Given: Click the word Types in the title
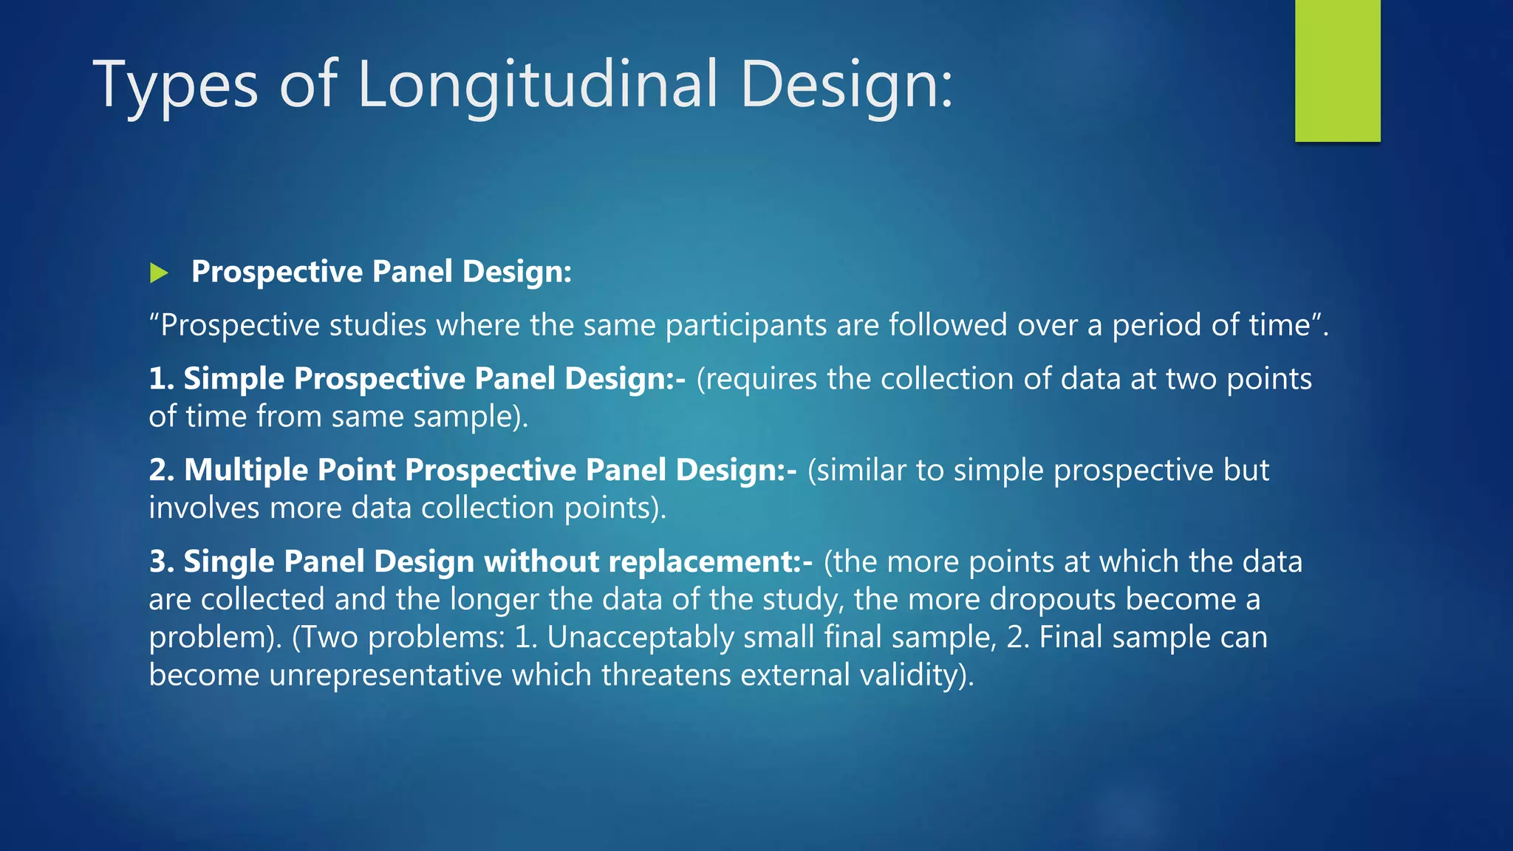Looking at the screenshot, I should pos(175,85).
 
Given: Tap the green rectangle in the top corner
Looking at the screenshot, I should pos(1337,70).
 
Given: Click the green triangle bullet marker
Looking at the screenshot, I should pos(159,273).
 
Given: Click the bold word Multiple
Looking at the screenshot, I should pos(245,470).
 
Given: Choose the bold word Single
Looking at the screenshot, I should pos(229,561).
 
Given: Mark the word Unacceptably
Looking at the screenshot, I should pos(640,637).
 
